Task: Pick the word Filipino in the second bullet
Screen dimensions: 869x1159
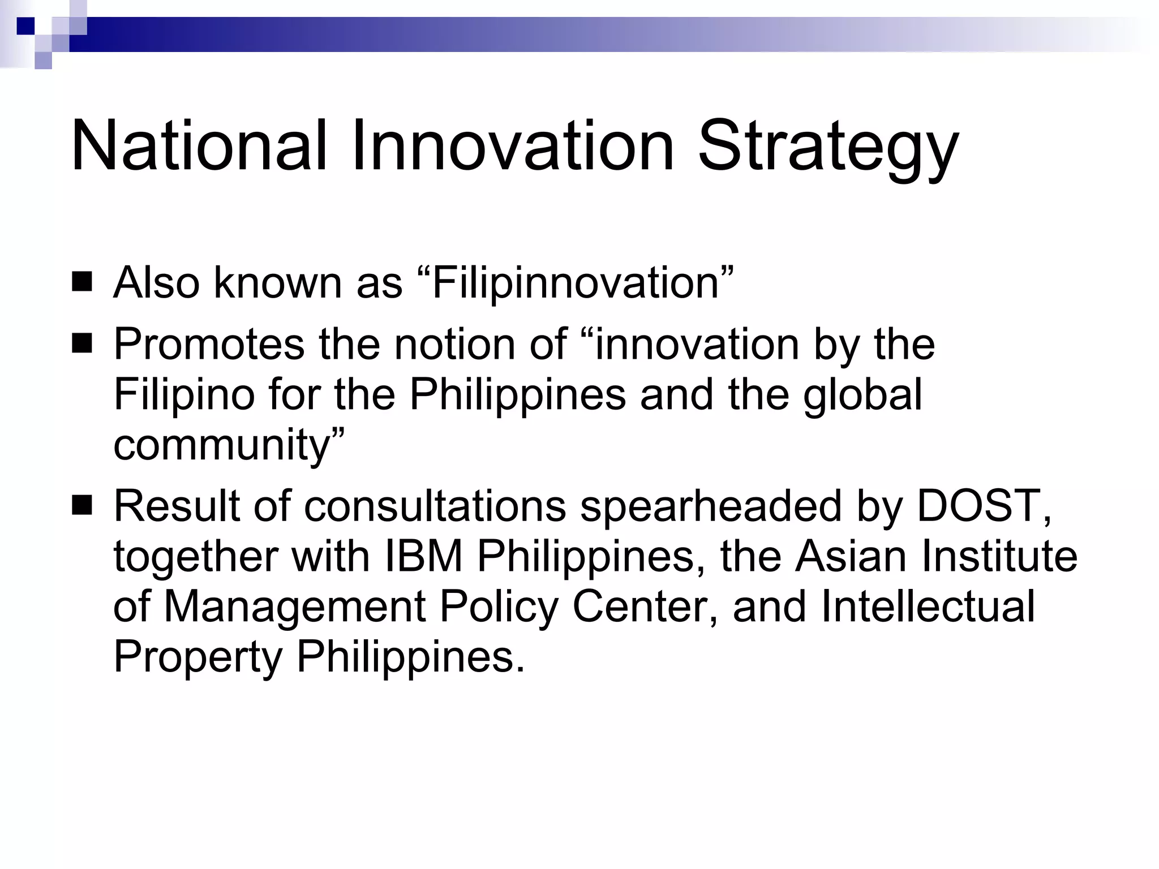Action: (x=184, y=394)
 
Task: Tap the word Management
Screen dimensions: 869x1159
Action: (x=294, y=607)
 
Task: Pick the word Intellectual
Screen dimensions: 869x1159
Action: (x=928, y=606)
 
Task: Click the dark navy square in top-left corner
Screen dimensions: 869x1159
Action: (x=25, y=26)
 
